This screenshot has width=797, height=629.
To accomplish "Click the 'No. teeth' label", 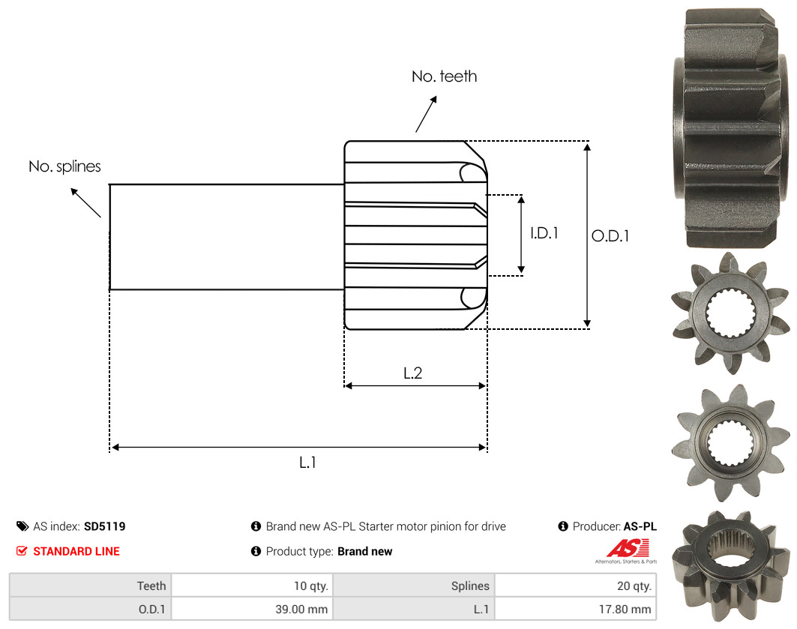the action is point(445,76).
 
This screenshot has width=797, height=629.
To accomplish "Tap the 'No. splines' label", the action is point(64,166).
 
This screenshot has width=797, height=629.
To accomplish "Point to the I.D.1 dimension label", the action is point(544,233).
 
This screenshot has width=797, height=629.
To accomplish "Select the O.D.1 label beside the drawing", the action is point(610,235).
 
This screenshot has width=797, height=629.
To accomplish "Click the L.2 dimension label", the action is point(412,373).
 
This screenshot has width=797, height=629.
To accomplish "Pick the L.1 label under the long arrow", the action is point(307,463).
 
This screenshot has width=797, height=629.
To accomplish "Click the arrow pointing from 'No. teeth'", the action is point(426,114).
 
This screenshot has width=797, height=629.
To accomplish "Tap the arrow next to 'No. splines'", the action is point(85,202).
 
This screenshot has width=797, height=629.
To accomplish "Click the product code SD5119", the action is point(105,526).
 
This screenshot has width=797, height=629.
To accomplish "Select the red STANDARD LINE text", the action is point(76,551).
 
